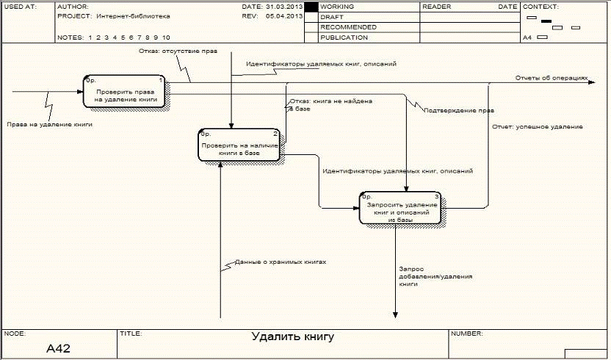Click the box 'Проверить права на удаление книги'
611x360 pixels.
(125, 92)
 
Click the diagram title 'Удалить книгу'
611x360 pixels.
(292, 337)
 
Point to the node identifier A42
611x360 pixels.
(58, 348)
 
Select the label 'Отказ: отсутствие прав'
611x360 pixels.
(167, 52)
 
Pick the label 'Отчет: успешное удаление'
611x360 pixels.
(537, 127)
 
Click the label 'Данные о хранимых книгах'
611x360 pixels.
(280, 262)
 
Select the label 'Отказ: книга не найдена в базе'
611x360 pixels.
(330, 104)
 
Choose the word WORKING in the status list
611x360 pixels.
(337, 6)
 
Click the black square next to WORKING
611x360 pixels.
(311, 6)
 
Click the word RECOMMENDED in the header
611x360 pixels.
(348, 26)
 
